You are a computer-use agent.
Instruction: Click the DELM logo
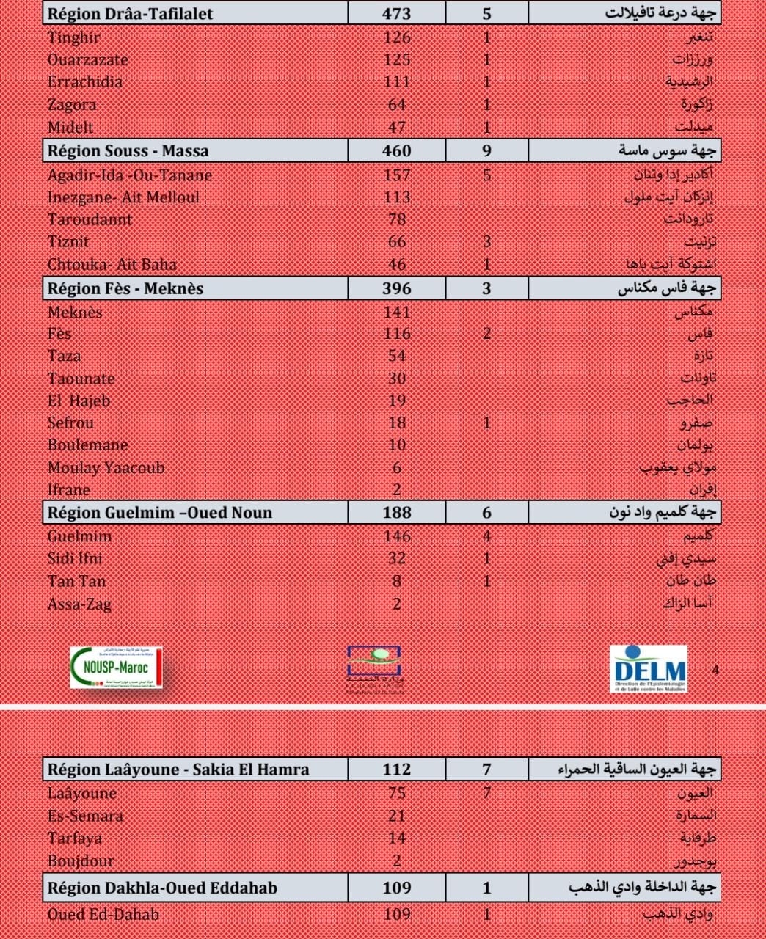[649, 668]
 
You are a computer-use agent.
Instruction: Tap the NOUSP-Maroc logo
[117, 668]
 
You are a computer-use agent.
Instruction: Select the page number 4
[715, 669]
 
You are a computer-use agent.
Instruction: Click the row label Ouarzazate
[87, 59]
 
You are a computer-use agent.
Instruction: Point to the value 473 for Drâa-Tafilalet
[397, 13]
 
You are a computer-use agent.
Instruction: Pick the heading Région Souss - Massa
[128, 151]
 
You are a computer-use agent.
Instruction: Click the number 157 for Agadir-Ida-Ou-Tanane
[397, 175]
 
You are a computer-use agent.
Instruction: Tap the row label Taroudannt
[90, 219]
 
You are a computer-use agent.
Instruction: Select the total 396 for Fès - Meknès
[397, 288]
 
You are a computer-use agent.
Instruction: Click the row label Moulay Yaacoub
[106, 467]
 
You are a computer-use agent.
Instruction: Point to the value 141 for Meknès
[397, 312]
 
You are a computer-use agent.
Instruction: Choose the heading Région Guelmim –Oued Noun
[160, 513]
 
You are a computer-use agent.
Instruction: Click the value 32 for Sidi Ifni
[397, 558]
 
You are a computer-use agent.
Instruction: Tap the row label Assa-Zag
[79, 604]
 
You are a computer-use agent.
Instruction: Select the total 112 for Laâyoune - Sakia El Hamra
[397, 769]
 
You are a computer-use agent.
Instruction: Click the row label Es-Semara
[85, 815]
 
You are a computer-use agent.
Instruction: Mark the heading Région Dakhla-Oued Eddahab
[162, 888]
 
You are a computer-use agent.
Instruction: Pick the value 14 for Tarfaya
[397, 838]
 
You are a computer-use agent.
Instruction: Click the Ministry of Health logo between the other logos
[374, 668]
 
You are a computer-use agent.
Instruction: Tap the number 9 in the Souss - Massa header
[486, 151]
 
